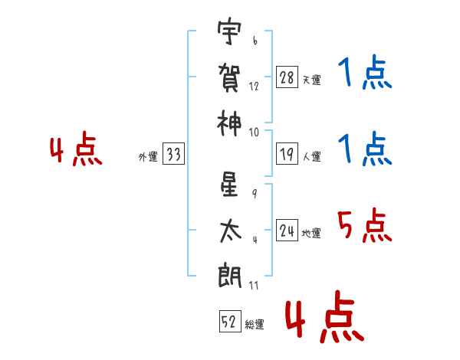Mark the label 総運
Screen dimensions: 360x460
[255, 325]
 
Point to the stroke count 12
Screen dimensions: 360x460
[255, 87]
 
